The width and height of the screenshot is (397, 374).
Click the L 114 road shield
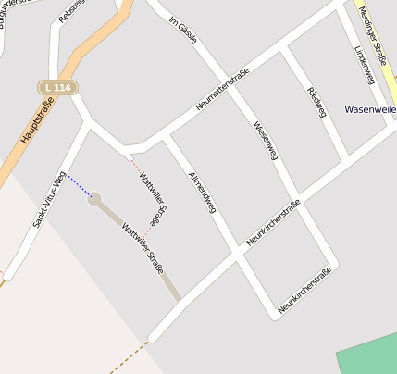58,86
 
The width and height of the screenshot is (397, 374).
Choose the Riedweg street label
316,102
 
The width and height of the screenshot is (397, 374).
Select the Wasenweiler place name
369,109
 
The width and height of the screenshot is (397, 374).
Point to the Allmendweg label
201,193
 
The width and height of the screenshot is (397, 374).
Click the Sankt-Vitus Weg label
48,200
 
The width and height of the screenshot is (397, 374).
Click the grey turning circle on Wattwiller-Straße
94,199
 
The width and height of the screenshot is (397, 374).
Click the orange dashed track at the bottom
128,358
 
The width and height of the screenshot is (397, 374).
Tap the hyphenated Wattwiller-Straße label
143,249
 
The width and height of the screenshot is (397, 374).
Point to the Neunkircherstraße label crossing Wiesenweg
274,223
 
